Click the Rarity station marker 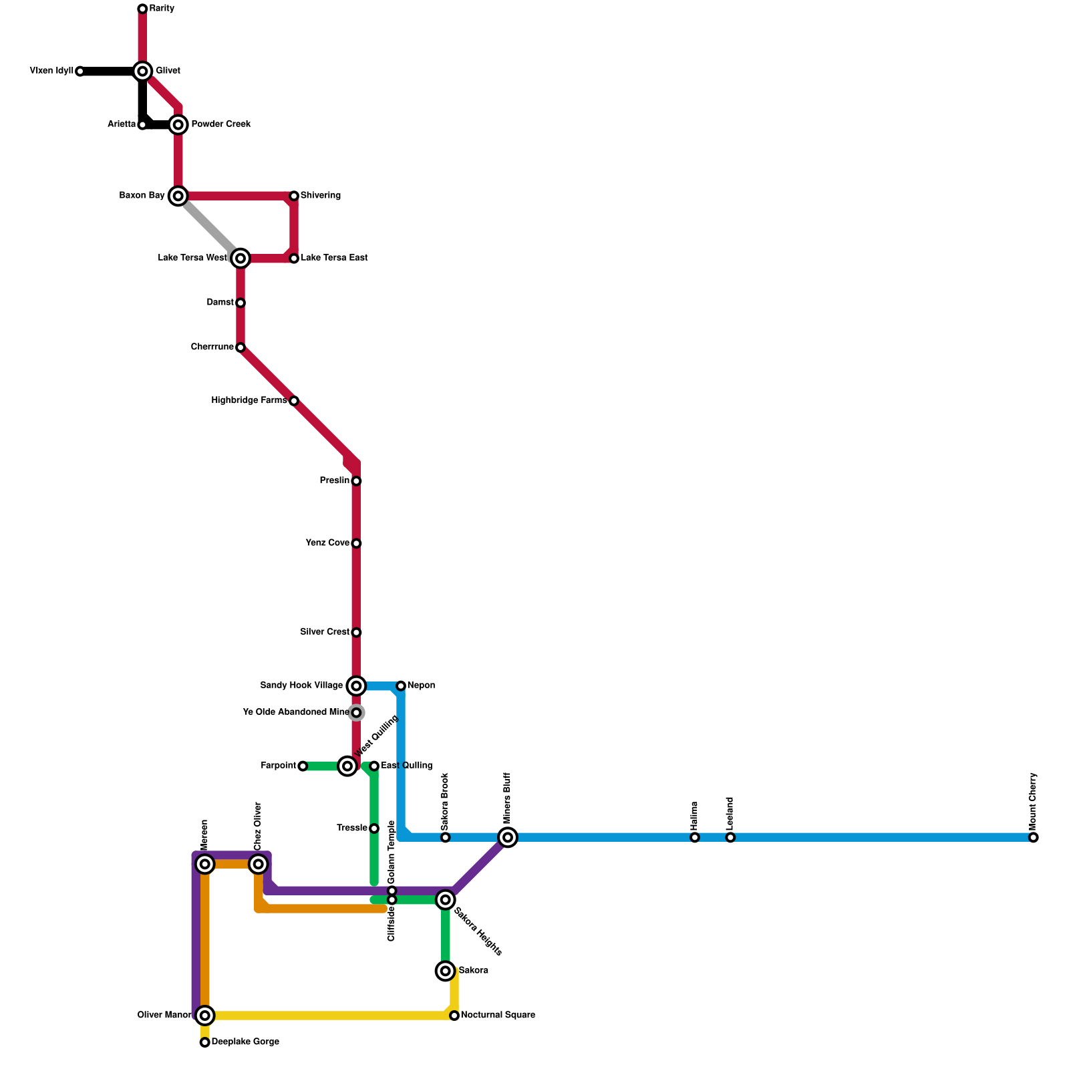[142, 9]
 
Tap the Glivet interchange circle [142, 71]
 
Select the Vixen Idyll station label [51, 71]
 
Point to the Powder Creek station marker [178, 124]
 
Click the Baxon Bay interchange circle [178, 196]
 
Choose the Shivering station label [321, 196]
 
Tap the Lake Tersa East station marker [294, 258]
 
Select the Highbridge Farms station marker [294, 401]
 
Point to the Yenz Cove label [327, 543]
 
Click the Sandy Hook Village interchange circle [356, 685]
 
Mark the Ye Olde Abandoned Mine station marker [356, 713]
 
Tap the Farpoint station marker [303, 766]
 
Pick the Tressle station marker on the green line [374, 828]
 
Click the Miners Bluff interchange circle [508, 837]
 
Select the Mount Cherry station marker [1034, 837]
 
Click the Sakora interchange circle [446, 971]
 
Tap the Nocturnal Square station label [498, 1016]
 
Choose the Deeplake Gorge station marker [205, 1042]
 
